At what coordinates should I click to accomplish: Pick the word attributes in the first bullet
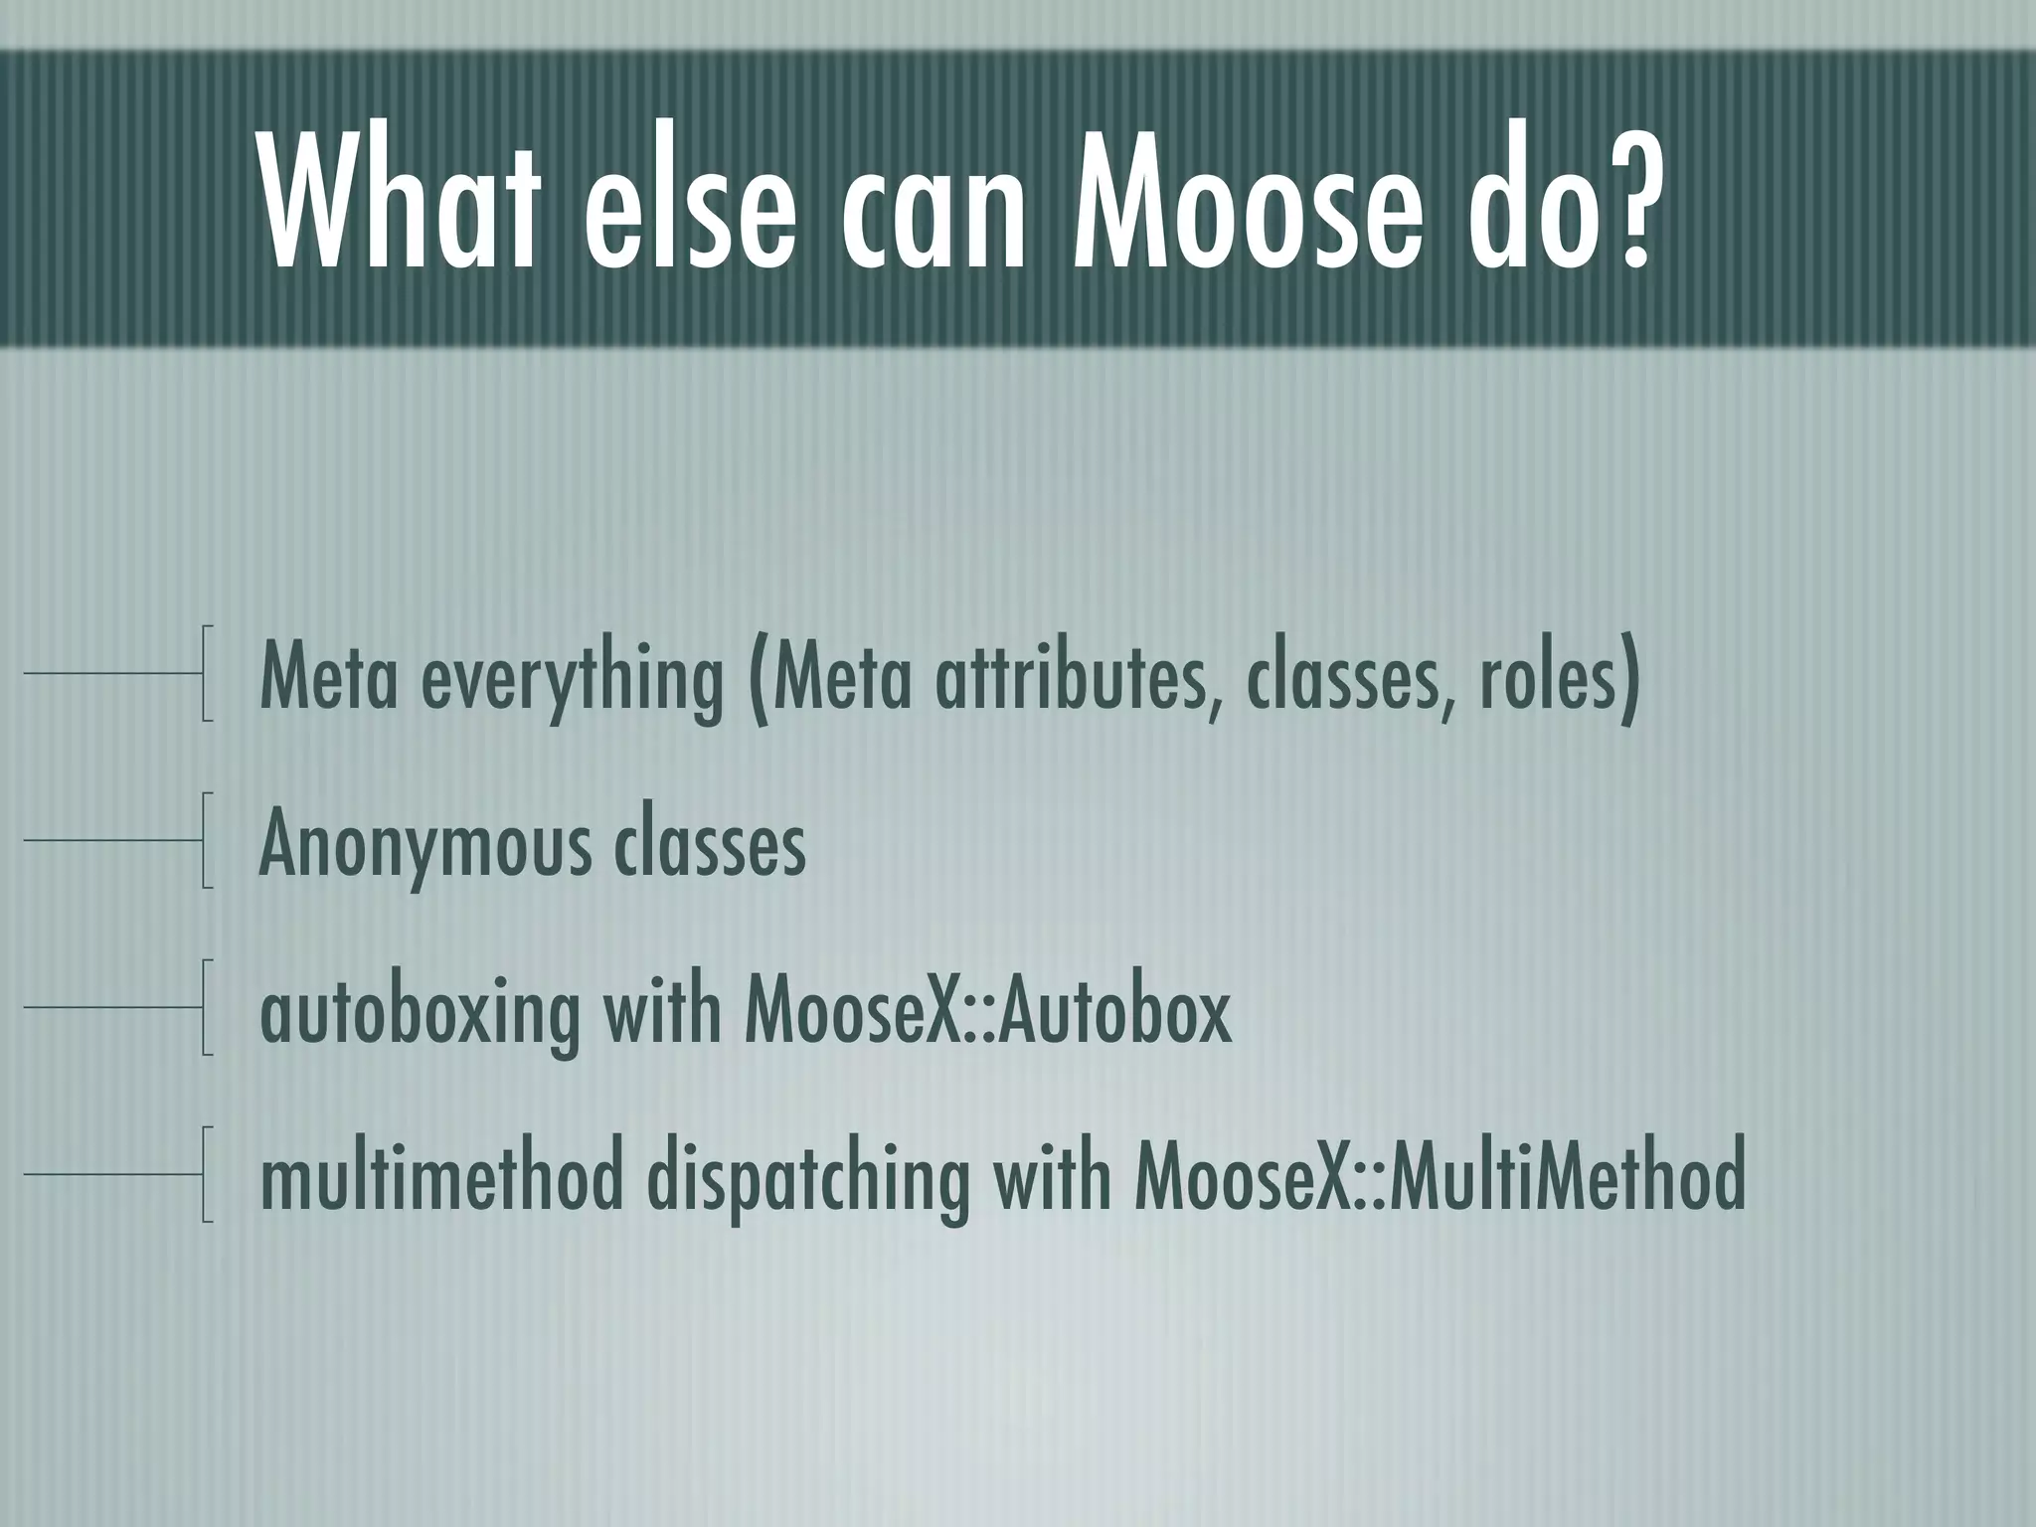(1074, 675)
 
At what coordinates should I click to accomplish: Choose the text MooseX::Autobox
(987, 1010)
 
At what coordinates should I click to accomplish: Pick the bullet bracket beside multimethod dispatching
(206, 1174)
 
